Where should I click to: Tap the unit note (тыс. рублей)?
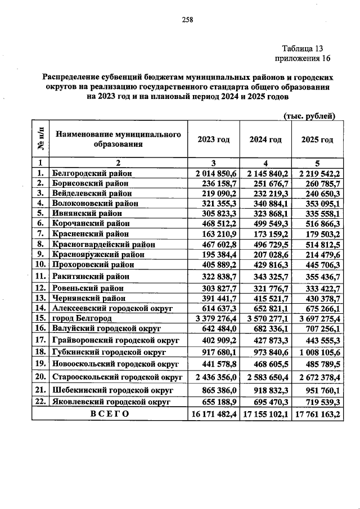pos(308,116)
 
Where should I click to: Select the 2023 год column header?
pos(214,139)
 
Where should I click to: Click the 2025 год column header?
pos(317,139)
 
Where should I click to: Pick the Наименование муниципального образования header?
pos(118,139)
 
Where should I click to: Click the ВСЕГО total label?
pos(109,413)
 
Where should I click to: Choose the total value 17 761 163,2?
pos(316,413)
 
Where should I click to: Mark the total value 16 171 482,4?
pos(214,413)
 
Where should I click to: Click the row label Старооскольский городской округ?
pos(117,377)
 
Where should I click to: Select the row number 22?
pos(40,402)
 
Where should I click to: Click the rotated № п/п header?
pos(40,139)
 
